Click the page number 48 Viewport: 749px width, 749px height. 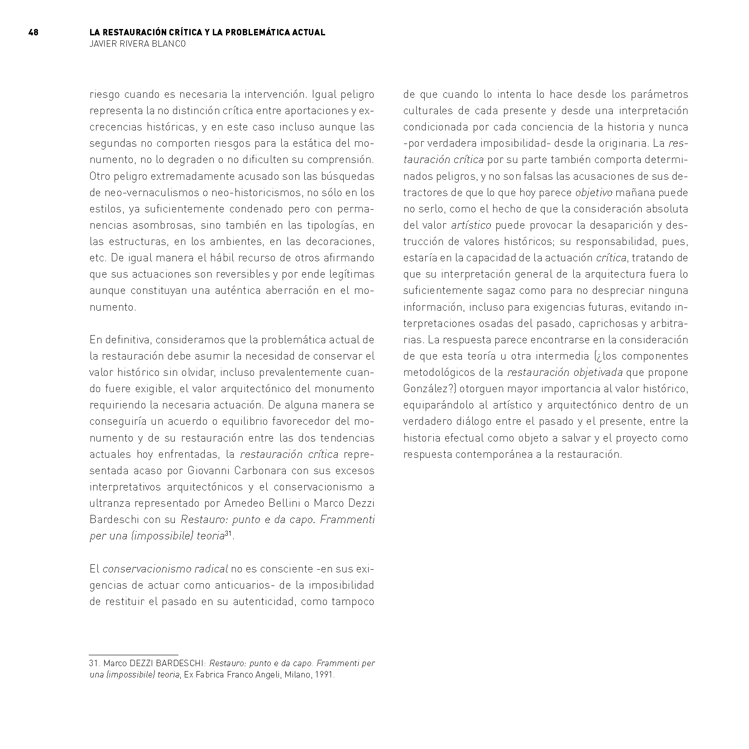33,33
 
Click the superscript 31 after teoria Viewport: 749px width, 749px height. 228,534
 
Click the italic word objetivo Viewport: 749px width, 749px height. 593,192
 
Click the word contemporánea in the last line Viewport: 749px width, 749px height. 495,454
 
